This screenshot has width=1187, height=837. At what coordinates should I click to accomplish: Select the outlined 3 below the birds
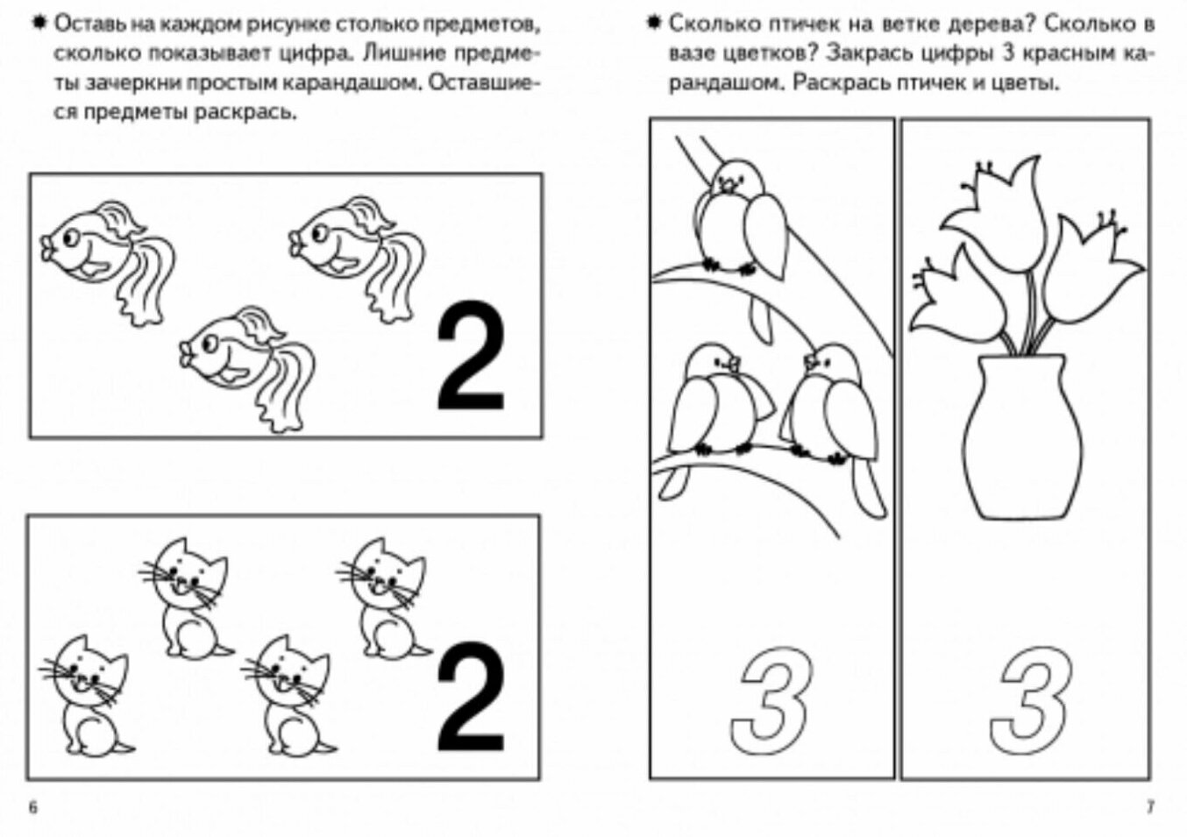(771, 700)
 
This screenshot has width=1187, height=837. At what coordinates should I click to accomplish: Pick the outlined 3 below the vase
(1031, 700)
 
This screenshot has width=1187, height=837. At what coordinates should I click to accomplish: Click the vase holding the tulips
(1021, 437)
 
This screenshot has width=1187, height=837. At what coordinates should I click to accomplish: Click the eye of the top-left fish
(70, 238)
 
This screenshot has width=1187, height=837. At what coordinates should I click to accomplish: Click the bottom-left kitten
(88, 696)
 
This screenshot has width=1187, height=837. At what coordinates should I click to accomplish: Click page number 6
(32, 807)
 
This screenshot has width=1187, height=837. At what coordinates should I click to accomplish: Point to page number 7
(1151, 807)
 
